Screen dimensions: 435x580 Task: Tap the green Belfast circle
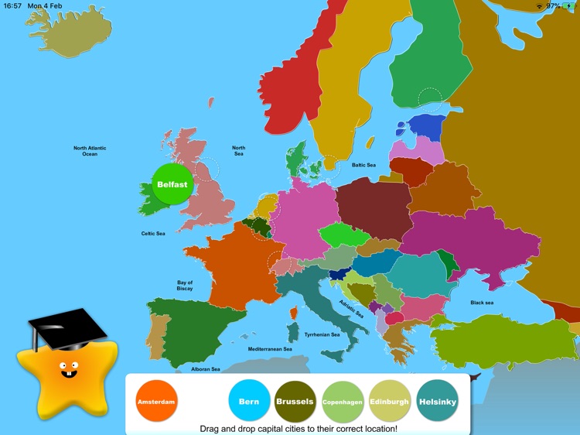(x=172, y=184)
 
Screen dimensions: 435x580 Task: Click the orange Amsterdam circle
(x=156, y=402)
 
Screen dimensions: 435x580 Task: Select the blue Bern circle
(x=249, y=402)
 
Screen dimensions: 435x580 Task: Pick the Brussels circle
(x=295, y=402)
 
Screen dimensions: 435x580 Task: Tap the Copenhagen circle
(x=343, y=402)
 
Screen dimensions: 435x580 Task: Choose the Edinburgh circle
(x=390, y=402)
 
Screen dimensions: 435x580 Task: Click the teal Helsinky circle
(x=437, y=402)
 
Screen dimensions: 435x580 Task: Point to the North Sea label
(x=239, y=151)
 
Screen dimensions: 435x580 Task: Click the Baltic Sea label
(x=363, y=165)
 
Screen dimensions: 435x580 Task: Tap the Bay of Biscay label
(x=185, y=286)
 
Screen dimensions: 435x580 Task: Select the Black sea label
(x=482, y=303)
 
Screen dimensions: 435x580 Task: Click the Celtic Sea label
(x=152, y=233)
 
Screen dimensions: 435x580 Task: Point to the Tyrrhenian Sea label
(x=322, y=335)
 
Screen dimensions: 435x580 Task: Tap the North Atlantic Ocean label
(x=90, y=151)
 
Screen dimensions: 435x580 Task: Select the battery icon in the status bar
(x=569, y=5)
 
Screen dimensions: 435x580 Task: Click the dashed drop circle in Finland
(x=430, y=99)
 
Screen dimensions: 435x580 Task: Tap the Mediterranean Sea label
(x=270, y=349)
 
